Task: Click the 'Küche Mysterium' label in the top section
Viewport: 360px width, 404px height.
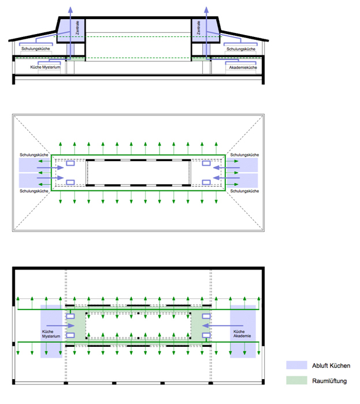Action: pos(46,68)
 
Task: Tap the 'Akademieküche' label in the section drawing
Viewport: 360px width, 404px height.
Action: pos(243,68)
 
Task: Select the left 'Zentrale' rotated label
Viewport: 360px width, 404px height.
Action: pos(77,28)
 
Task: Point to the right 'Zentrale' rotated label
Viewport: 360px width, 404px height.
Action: pos(198,28)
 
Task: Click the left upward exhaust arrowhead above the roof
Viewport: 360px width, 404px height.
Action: pos(70,10)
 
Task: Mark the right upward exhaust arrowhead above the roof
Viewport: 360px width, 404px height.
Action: pos(206,10)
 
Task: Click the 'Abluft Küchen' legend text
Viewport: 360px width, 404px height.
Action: pos(331,365)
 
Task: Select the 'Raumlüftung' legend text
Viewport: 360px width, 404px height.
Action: pos(329,381)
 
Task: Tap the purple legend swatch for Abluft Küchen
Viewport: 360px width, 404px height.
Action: pos(296,365)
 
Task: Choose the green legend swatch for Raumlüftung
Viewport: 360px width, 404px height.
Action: pos(296,380)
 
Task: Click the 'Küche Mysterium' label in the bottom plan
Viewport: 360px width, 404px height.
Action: pos(51,334)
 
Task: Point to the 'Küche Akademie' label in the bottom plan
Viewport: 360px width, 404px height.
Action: pos(242,334)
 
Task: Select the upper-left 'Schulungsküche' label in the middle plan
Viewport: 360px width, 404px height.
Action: pos(34,155)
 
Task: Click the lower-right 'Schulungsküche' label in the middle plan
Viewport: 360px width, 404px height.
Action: pos(244,191)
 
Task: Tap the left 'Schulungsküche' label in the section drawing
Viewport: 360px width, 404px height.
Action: pos(36,48)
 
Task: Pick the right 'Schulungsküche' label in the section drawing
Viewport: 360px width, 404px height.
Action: pos(241,49)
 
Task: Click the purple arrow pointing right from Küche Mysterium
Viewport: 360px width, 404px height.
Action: pos(60,326)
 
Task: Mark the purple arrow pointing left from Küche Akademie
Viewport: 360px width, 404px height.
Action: pos(222,326)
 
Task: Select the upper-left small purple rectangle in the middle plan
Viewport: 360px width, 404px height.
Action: pos(70,163)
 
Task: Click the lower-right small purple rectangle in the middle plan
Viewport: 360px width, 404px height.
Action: pos(206,182)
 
